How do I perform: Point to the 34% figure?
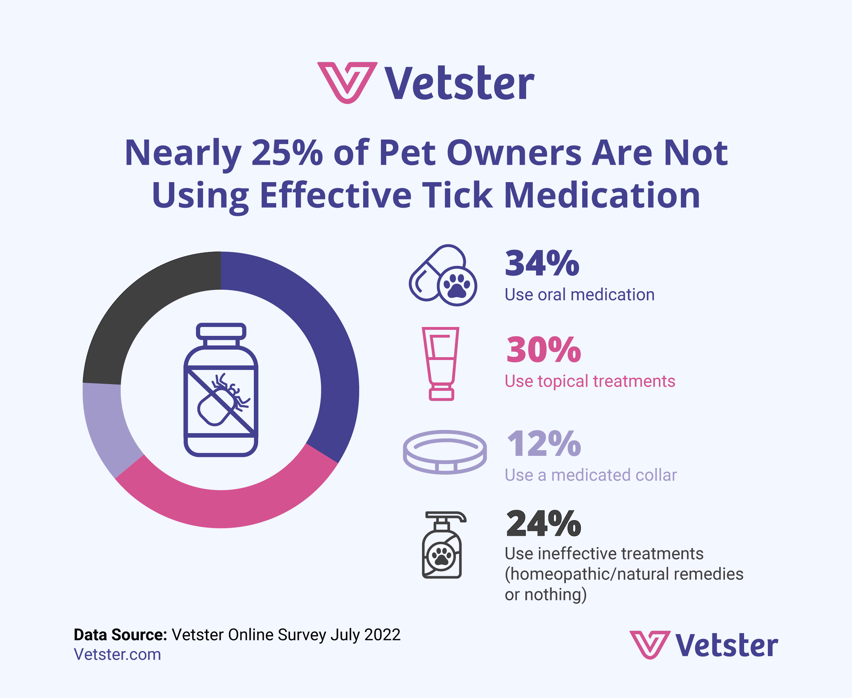point(542,264)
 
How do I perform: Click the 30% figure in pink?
point(543,350)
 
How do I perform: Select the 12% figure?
point(544,444)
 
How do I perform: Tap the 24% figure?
point(543,524)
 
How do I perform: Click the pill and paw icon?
point(443,276)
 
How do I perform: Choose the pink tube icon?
point(441,364)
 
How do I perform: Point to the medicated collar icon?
point(445,452)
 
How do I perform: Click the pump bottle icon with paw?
point(442,545)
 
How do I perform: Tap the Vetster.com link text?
point(118,655)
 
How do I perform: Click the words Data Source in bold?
point(120,635)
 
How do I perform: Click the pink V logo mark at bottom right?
point(650,644)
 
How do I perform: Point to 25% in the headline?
point(287,153)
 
